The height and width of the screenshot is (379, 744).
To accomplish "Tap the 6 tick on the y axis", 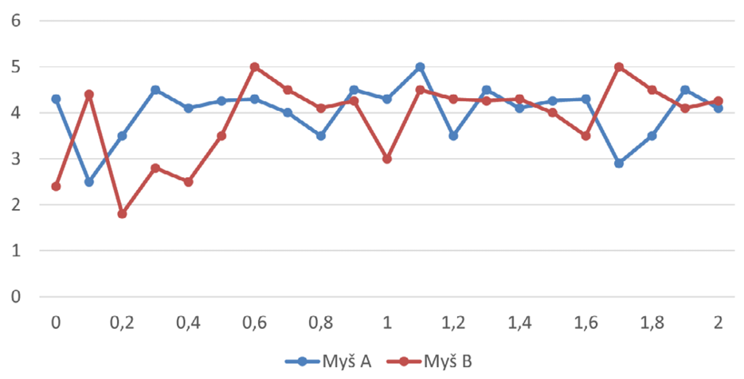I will point(14,21).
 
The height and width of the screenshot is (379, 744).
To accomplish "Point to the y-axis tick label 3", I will point(14,159).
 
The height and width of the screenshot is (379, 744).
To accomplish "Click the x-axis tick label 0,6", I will point(254,322).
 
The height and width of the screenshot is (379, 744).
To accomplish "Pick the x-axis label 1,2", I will point(452,322).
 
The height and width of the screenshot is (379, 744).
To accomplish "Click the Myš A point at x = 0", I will point(56,99).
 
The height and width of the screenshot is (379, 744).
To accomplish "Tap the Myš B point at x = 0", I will point(56,186).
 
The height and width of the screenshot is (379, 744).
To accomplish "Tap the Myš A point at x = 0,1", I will point(89,182).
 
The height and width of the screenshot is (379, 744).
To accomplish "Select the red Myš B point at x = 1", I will point(387,159).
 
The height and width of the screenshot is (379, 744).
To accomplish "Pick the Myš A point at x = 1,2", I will point(453,136).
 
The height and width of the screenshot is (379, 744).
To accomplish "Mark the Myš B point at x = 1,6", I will point(585,136).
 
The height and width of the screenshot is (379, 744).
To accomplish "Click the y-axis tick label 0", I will point(14,297).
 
